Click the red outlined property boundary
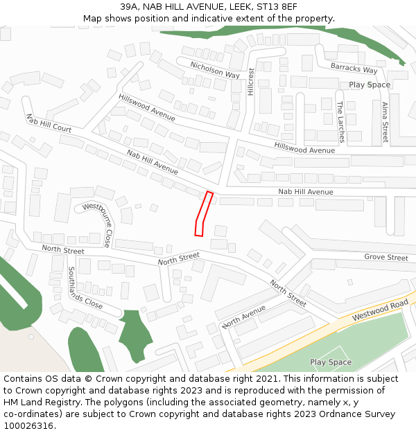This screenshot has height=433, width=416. pos(202,214)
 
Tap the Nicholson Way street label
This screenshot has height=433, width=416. pos(215,69)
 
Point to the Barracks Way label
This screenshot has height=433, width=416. pos(354,69)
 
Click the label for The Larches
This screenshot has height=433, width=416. pos(340,122)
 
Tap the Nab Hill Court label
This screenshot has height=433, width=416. pos(49,123)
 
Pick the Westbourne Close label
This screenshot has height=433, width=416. pos(96,224)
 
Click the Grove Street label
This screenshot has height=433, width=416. pos(386,258)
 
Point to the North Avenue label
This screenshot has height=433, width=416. pos(244,316)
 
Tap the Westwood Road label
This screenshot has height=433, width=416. pos(380,310)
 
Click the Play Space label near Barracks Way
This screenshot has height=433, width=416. pos(370,85)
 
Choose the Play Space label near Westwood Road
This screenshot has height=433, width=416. pos(331,362)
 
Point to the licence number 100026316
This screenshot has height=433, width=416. pos(28,425)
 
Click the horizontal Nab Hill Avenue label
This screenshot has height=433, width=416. pos(305,192)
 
